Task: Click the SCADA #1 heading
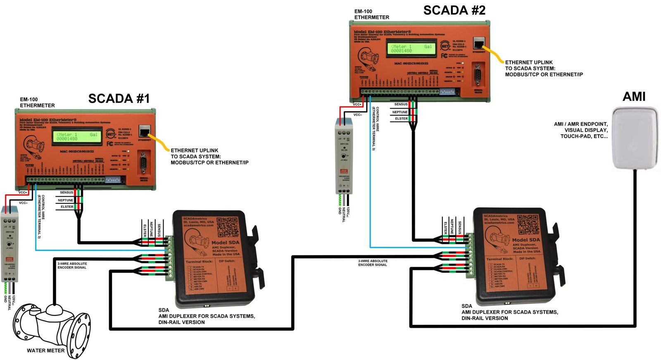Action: point(119,99)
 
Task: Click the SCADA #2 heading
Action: point(454,10)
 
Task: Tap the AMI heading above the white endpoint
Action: point(634,97)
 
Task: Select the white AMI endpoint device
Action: point(635,138)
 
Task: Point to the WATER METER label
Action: point(45,350)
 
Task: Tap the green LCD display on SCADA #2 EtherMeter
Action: point(411,49)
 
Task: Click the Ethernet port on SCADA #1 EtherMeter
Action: point(144,132)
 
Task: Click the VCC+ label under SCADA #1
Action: point(23,193)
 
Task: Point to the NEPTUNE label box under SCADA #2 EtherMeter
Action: point(399,112)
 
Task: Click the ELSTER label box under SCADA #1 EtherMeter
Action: point(67,207)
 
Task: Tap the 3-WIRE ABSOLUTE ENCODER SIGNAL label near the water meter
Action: point(72,265)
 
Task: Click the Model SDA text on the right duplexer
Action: point(525,240)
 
